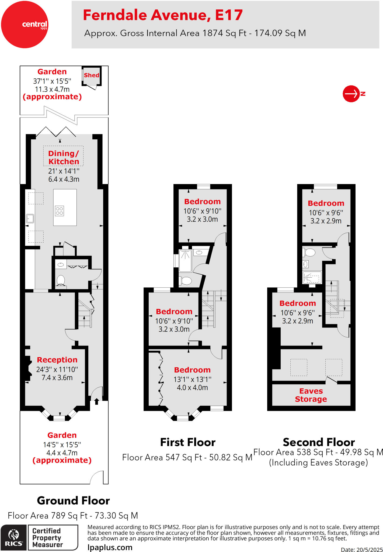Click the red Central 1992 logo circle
click(x=25, y=25)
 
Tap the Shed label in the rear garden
click(x=92, y=75)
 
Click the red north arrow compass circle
click(x=351, y=94)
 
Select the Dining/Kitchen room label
click(x=64, y=157)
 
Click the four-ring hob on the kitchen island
click(x=60, y=211)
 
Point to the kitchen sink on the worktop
click(x=30, y=218)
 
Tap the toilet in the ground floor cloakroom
click(x=61, y=280)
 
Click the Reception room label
click(x=57, y=360)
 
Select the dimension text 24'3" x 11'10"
click(x=57, y=369)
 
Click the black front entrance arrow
click(x=96, y=402)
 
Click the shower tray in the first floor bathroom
click(x=185, y=261)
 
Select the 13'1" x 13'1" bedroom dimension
click(x=192, y=379)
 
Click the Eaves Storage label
click(x=311, y=395)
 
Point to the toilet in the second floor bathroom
click(x=310, y=253)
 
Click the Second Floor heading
click(x=319, y=442)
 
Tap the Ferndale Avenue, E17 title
click(x=163, y=15)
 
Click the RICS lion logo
click(x=13, y=537)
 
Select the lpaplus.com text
click(x=110, y=547)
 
